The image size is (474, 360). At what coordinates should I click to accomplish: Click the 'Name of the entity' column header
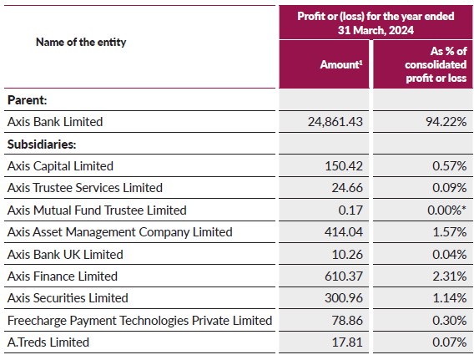(x=81, y=42)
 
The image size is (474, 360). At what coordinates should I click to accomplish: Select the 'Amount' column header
(x=345, y=63)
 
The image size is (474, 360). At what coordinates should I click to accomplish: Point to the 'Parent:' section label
(x=27, y=99)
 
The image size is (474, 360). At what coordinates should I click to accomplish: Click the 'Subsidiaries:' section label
(x=42, y=144)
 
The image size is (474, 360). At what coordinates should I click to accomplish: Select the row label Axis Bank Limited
(x=55, y=122)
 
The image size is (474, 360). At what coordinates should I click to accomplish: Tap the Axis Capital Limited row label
(x=60, y=166)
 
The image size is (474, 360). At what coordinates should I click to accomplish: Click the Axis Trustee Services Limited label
(x=84, y=188)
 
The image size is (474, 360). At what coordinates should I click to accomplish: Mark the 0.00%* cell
(x=443, y=210)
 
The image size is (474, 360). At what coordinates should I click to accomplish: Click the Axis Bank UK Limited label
(x=64, y=254)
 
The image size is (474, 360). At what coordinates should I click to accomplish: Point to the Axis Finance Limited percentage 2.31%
(x=448, y=276)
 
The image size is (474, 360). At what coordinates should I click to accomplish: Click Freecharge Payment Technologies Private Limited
(x=139, y=321)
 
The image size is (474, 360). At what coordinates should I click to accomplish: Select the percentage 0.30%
(x=448, y=321)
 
